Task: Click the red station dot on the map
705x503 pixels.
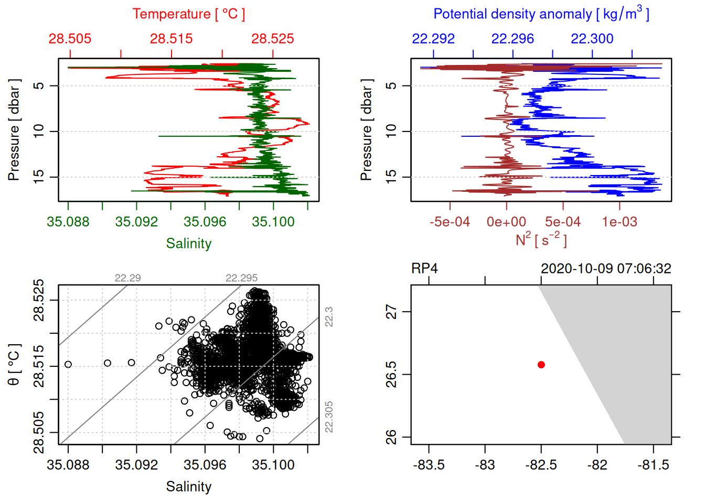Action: point(541,365)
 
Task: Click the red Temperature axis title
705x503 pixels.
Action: point(188,14)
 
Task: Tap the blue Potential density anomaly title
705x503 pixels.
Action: point(541,14)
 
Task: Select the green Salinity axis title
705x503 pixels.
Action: point(188,244)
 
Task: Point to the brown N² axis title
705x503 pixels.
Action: point(541,239)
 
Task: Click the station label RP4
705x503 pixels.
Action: point(424,269)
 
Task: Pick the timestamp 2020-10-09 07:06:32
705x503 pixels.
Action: point(606,269)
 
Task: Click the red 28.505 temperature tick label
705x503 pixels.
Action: point(70,39)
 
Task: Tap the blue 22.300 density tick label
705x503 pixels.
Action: point(592,39)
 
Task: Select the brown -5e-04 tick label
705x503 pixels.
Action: point(450,222)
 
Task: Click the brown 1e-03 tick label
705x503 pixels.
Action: point(619,222)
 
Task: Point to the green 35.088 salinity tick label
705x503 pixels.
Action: point(68,222)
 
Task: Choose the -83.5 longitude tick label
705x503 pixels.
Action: point(429,465)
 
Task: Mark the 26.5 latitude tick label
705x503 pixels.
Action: point(392,374)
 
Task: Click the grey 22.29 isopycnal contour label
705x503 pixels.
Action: point(127,278)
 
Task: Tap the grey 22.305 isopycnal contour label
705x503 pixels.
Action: point(329,417)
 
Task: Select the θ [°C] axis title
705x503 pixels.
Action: point(14,365)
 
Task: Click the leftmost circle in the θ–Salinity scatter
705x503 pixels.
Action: point(68,365)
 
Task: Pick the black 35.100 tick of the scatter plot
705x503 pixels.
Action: point(273,465)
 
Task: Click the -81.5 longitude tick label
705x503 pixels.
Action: point(653,465)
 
